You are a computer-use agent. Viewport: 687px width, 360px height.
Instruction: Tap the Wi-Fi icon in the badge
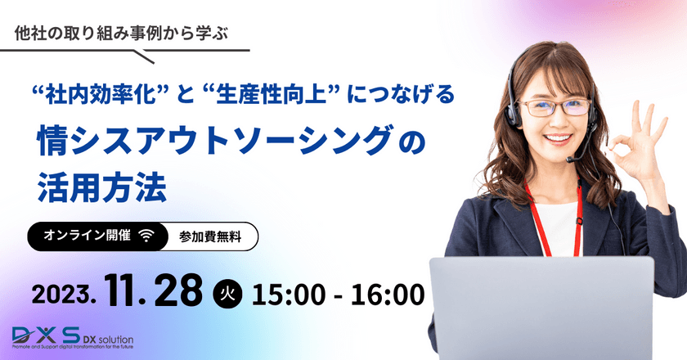click(x=146, y=236)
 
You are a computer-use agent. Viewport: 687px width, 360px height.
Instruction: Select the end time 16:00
click(x=384, y=293)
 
